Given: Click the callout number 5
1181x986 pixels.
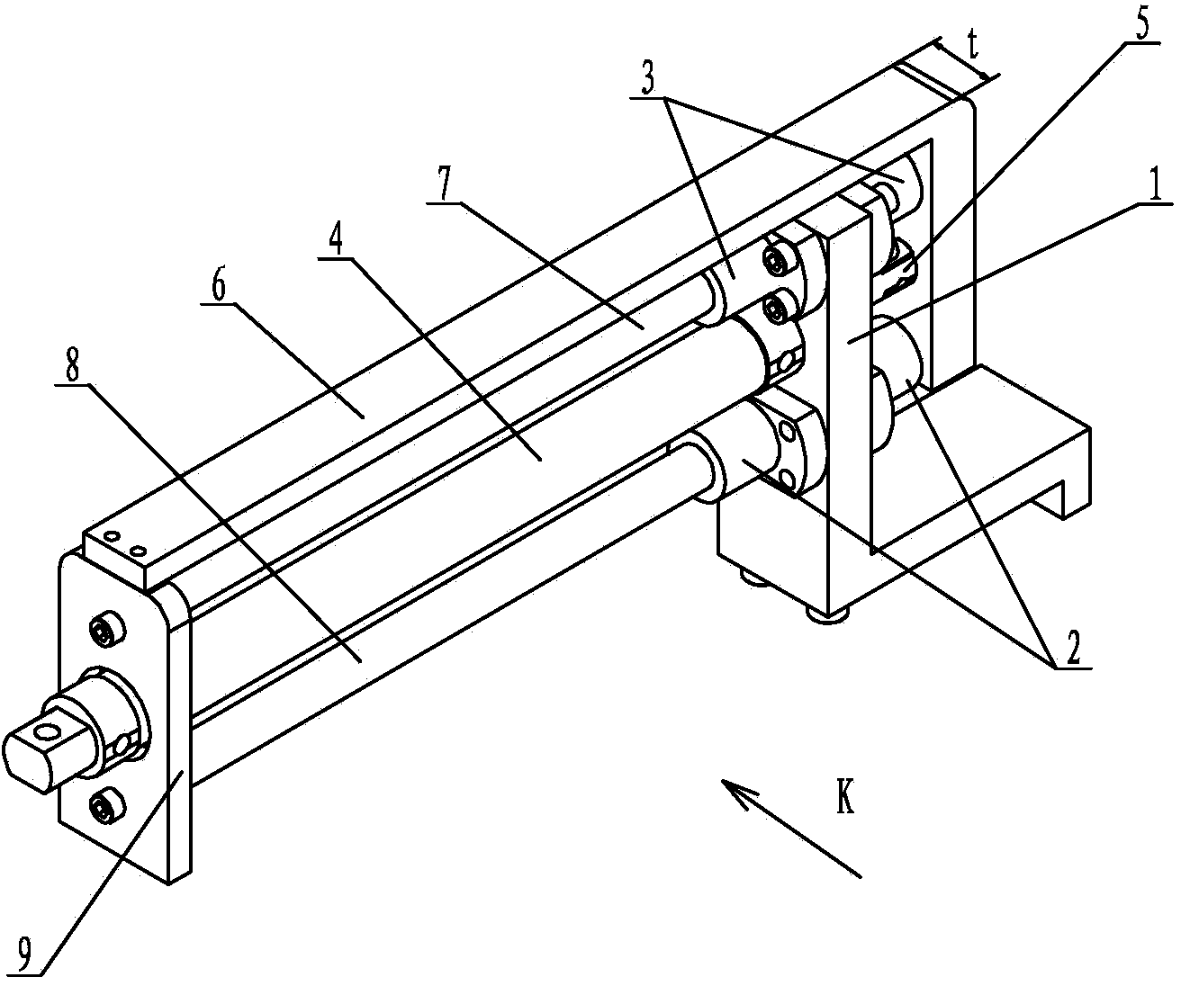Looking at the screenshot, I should tap(1140, 25).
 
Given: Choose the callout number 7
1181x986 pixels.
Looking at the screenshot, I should tap(443, 187).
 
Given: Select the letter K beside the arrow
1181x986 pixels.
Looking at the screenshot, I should tap(845, 798).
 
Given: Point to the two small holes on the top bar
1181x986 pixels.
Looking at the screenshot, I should tap(124, 545).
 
